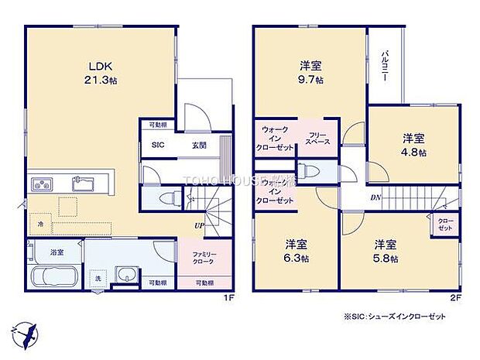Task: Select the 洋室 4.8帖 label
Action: (413, 145)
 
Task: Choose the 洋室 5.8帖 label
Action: (386, 249)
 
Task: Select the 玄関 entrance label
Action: (201, 144)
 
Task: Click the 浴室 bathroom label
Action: (57, 252)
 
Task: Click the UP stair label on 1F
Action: (199, 225)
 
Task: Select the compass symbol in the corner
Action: (26, 334)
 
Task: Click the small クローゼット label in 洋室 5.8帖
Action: (445, 225)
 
